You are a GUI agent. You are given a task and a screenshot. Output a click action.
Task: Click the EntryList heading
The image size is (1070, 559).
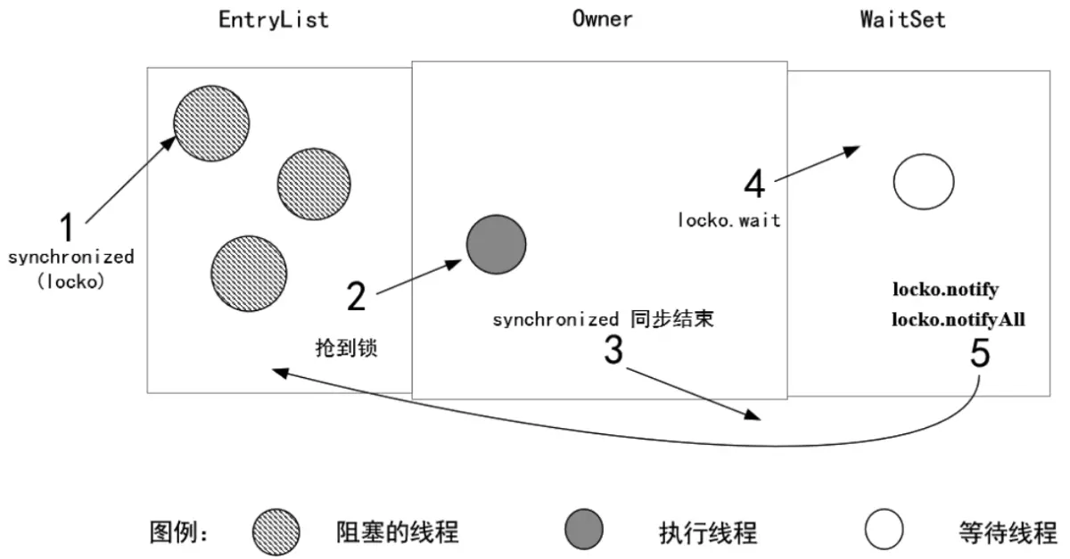274,20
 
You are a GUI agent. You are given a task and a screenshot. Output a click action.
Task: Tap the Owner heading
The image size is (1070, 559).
602,19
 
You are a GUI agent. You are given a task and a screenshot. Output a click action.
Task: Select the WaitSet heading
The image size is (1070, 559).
903,19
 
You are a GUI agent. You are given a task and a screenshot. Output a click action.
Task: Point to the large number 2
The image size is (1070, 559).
356,295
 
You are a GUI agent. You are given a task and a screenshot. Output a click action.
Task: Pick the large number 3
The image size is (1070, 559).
613,350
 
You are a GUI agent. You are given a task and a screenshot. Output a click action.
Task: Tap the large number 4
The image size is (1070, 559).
754,185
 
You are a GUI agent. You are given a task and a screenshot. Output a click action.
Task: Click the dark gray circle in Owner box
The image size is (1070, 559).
496,244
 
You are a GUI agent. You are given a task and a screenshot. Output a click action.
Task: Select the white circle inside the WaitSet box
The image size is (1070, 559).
923,182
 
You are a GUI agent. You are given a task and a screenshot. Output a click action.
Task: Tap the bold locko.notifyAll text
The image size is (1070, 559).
958,316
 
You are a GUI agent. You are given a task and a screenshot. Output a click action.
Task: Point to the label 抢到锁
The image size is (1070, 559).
347,348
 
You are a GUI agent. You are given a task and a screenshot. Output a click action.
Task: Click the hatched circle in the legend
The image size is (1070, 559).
276,532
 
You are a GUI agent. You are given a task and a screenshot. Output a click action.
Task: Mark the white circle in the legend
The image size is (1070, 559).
884,531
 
